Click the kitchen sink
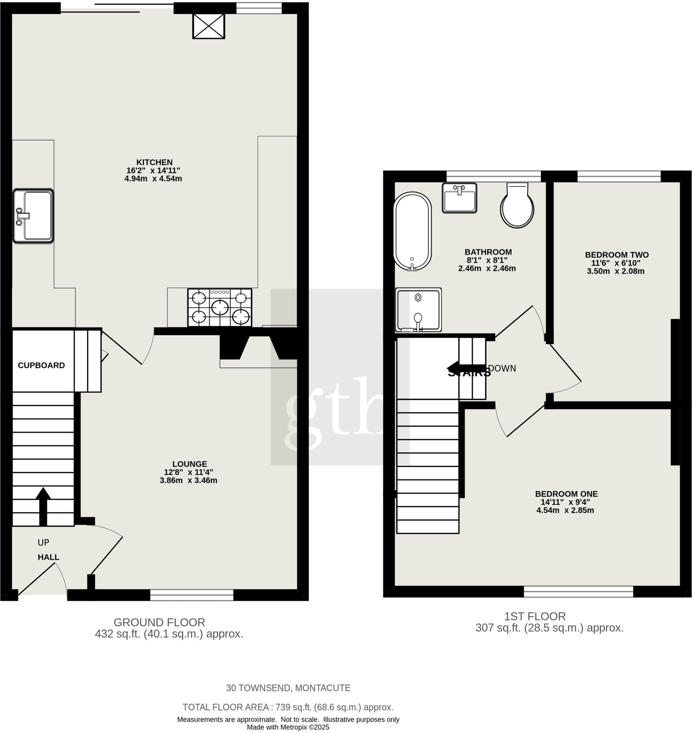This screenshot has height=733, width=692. tap(33, 216)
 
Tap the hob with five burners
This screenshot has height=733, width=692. tap(220, 307)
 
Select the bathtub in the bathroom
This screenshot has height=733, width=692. tap(413, 231)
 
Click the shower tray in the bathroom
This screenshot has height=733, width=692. tap(418, 310)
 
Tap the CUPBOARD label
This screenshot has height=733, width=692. tap(41, 365)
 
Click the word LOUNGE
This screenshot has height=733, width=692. tap(190, 464)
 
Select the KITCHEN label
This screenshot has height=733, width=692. tap(155, 162)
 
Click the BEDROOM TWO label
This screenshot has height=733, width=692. tap(617, 254)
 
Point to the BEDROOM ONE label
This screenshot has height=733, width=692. tap(566, 494)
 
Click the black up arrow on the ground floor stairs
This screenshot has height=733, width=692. tap(43, 505)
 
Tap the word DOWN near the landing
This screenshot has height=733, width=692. tap(502, 368)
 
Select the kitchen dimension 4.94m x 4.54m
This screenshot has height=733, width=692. tap(153, 179)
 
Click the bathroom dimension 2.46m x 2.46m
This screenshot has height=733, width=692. tap(487, 268)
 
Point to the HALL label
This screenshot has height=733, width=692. tap(48, 557)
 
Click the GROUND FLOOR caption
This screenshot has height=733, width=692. tap(159, 622)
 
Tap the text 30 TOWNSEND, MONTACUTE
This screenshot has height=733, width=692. tap(288, 688)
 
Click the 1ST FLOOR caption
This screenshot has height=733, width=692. tap(535, 616)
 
